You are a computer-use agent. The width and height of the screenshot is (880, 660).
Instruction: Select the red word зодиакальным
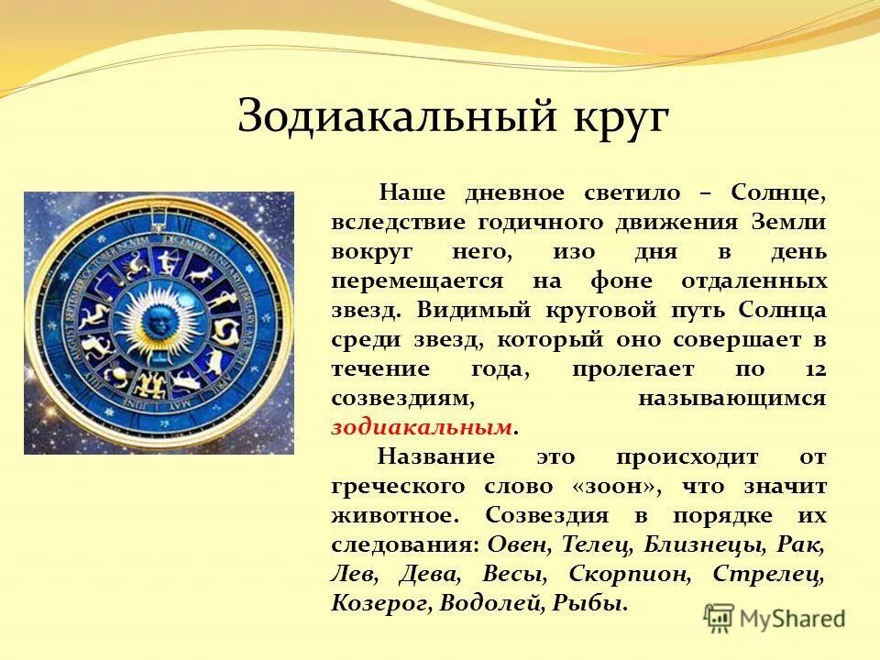click(421, 427)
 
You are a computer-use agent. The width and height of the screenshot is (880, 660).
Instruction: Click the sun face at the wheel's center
click(159, 322)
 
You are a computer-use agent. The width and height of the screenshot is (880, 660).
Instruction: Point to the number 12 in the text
click(811, 369)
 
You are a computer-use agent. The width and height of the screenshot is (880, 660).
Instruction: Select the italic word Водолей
click(492, 603)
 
